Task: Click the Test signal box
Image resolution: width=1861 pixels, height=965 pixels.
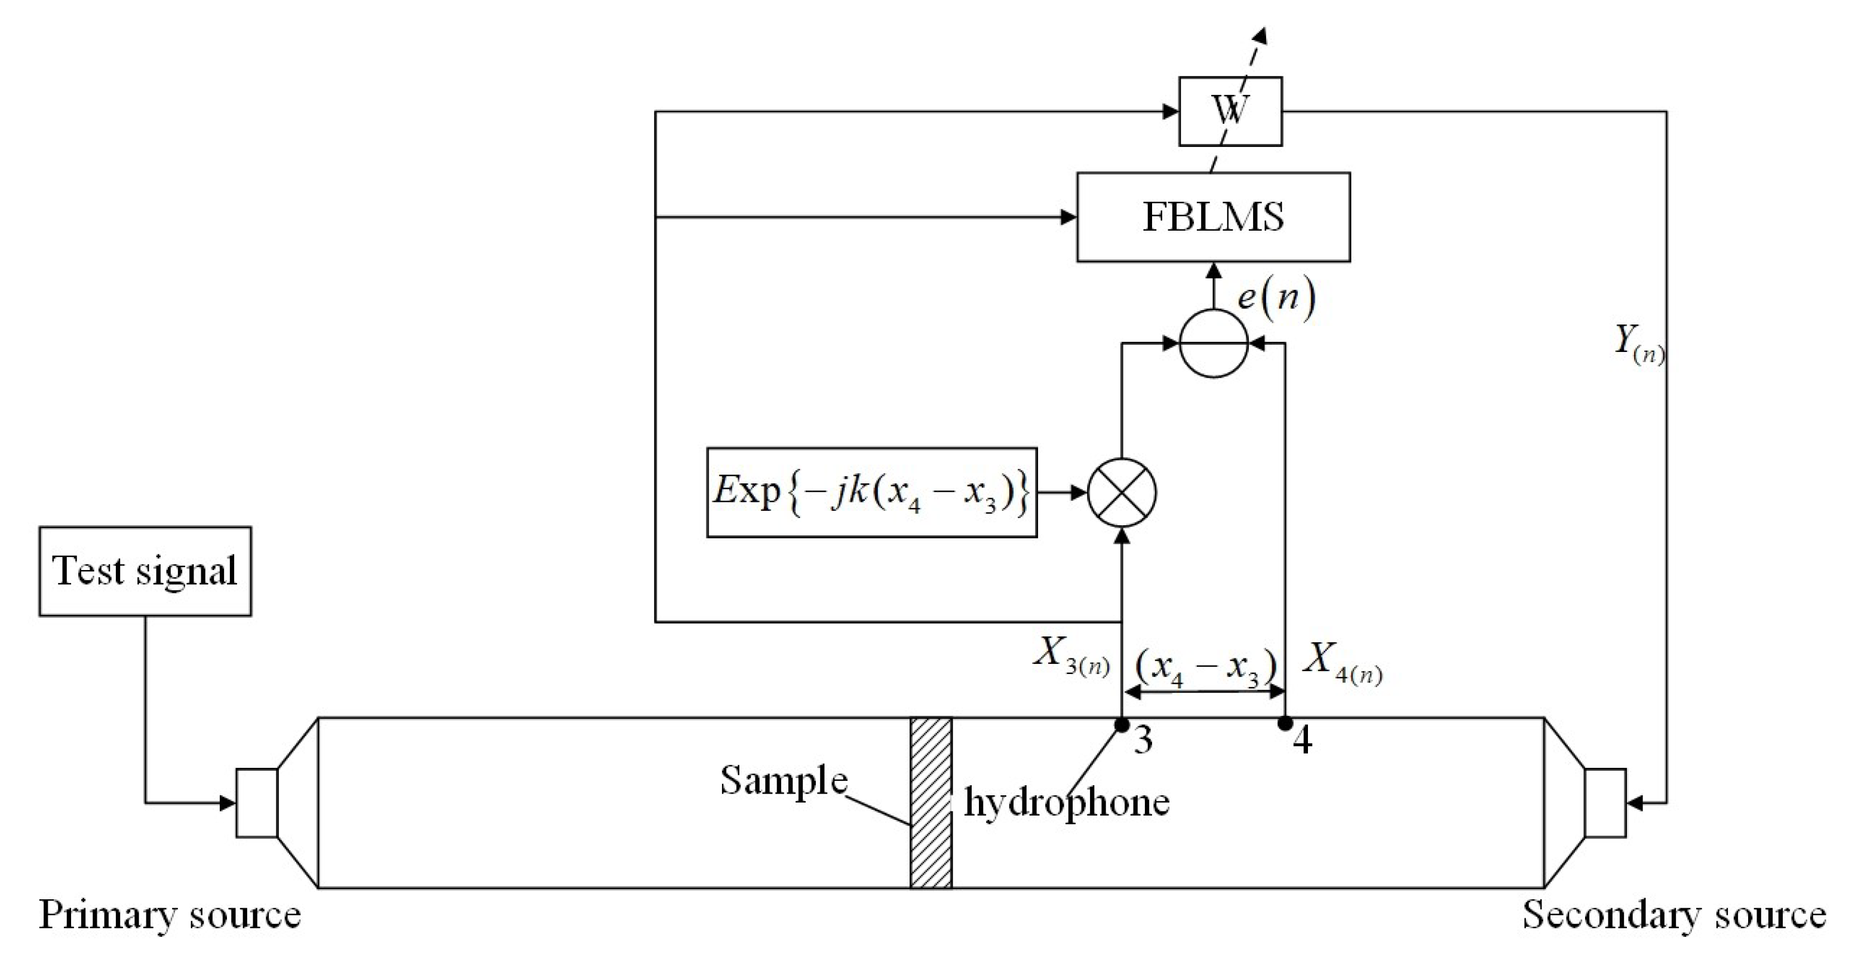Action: (145, 571)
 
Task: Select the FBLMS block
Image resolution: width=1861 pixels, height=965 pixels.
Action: (1213, 217)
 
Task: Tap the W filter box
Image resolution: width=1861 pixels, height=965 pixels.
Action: (1230, 111)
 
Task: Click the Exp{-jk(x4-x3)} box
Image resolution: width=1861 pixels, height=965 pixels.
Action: (871, 492)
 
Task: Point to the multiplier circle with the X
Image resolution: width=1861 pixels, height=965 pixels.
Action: (1122, 492)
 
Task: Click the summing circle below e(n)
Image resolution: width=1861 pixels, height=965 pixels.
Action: (1214, 344)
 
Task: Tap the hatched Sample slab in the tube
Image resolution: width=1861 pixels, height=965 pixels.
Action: (931, 802)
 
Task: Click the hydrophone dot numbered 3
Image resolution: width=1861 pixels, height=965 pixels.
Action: (1122, 724)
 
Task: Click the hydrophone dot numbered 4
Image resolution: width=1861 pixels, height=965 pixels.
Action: (1285, 722)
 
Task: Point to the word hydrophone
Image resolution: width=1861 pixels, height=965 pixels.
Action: (1066, 802)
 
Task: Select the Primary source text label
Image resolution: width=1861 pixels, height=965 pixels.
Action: (170, 915)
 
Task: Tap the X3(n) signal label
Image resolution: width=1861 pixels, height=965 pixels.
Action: (1071, 654)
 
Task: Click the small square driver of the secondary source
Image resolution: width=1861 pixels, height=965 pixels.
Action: (1605, 803)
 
